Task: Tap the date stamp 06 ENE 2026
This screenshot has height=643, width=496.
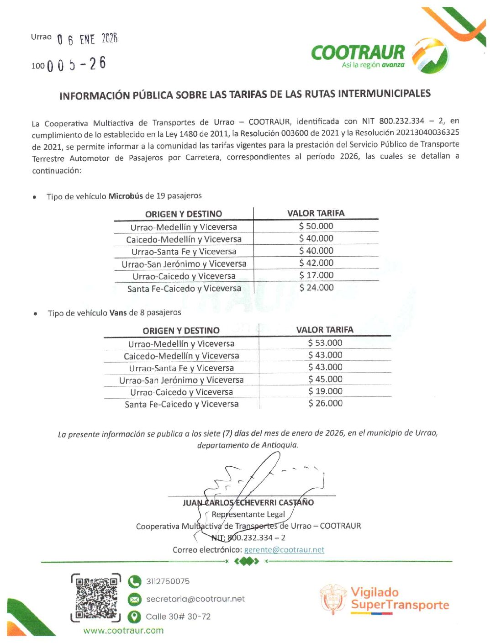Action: click(x=87, y=39)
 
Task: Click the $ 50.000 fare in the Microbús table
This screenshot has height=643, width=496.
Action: click(x=316, y=226)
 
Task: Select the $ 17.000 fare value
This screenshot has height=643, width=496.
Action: click(x=316, y=275)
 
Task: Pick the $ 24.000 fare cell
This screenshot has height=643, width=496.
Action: click(x=316, y=288)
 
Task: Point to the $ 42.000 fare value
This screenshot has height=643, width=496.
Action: click(x=316, y=263)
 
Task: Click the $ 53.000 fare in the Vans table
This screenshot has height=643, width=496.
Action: click(x=325, y=343)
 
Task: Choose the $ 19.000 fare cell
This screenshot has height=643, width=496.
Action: click(x=325, y=391)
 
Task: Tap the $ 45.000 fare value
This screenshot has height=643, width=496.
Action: click(x=325, y=379)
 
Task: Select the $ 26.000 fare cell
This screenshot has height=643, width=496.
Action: click(x=325, y=404)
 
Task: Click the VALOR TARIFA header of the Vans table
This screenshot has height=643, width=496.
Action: click(x=324, y=330)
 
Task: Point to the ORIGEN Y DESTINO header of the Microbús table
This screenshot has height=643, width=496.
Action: click(x=183, y=214)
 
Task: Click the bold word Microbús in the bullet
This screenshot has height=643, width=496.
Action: click(x=126, y=196)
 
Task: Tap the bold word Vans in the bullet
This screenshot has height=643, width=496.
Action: click(x=118, y=313)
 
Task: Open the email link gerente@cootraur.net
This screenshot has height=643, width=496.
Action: click(x=284, y=550)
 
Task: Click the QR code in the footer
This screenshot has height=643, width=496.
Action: click(x=96, y=598)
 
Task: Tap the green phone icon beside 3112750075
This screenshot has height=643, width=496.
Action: click(x=134, y=581)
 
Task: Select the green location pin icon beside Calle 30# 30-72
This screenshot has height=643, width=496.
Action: click(x=134, y=617)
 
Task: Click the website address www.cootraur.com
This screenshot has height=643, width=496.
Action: click(x=123, y=631)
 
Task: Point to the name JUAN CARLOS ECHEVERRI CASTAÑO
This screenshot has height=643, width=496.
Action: click(x=248, y=503)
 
